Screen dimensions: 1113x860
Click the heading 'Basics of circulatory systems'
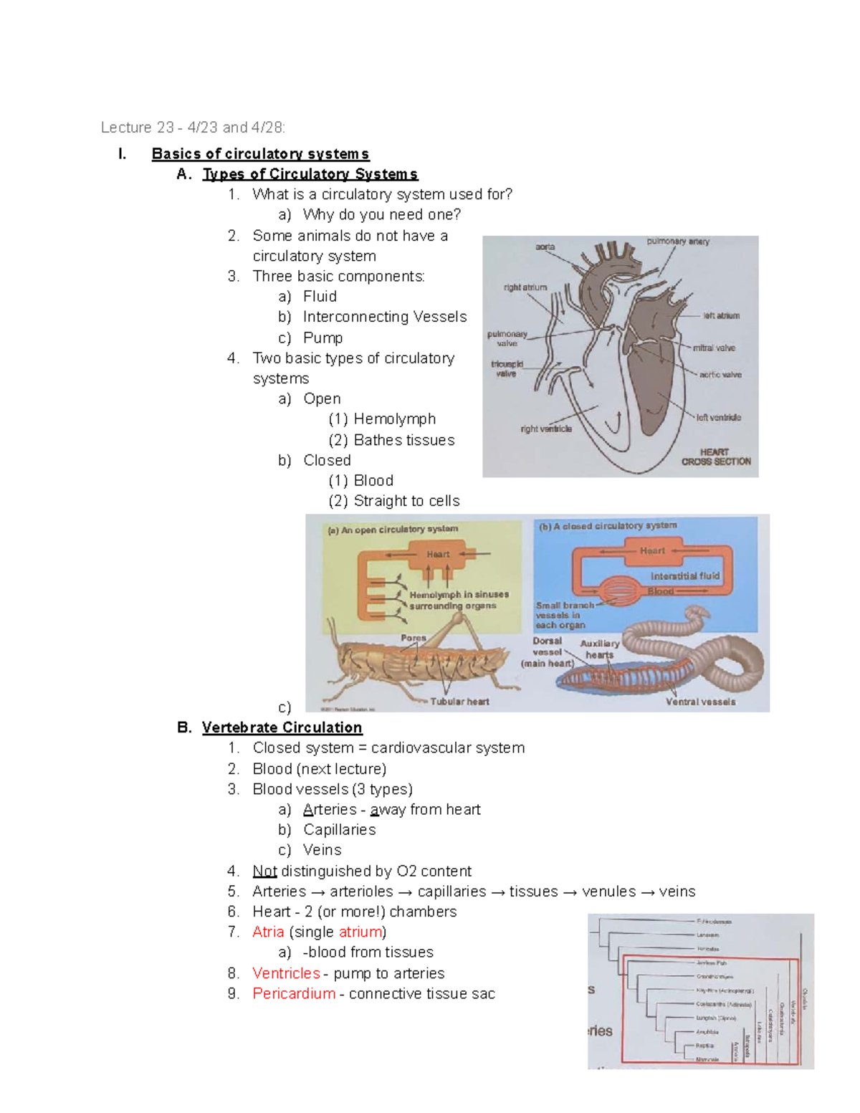260,154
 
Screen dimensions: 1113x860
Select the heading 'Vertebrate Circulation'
282,727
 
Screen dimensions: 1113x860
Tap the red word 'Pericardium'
294,993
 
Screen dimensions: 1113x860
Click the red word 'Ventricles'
286,973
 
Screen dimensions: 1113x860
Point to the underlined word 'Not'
264,871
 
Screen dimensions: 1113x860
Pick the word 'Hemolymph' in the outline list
394,419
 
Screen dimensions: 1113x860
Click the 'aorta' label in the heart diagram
545,247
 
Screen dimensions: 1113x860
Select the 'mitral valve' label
714,348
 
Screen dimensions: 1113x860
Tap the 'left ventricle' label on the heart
719,417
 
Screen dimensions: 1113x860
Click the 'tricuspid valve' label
507,368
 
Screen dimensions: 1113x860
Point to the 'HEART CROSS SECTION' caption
715,457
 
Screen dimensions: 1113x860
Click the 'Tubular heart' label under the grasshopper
459,702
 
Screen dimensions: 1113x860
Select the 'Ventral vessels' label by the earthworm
700,702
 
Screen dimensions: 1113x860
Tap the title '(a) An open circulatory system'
393,530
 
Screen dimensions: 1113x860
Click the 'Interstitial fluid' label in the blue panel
684,575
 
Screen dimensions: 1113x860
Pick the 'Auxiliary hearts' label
600,649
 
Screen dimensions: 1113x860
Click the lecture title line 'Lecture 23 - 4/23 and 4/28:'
193,128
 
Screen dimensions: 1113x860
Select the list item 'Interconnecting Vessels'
385,317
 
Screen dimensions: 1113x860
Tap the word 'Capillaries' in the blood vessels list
339,829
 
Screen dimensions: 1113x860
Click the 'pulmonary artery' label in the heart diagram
677,242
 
